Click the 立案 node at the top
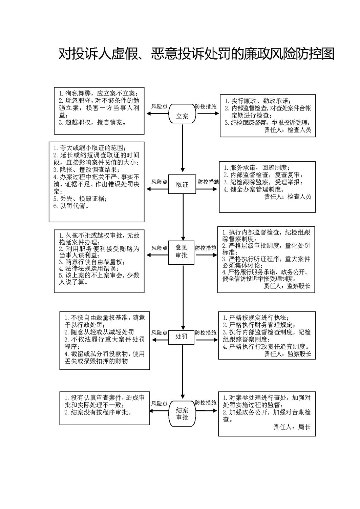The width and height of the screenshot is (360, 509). coord(182,114)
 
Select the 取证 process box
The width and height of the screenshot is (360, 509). coord(182,184)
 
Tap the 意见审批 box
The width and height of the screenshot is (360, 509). coord(181,252)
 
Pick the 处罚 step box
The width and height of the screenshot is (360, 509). coord(181,337)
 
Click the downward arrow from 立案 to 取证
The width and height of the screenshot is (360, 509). coord(183,148)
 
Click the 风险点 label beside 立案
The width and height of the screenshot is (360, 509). coord(160,106)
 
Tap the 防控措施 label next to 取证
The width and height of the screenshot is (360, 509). coord(208,182)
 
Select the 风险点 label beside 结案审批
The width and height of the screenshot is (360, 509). coord(160,404)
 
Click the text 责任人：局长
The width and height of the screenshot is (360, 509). coord(292,427)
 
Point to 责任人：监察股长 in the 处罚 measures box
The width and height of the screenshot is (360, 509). coord(288,354)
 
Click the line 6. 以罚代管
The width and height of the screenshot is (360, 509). coord(71,206)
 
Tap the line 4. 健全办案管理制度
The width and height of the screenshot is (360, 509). coord(254,189)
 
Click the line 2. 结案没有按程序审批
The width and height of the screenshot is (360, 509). coord(98,412)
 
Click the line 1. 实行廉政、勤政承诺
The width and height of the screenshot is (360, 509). coord(258,101)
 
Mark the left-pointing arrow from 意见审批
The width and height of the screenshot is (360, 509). coord(157,255)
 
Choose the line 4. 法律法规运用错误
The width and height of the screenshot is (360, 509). coord(89,269)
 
